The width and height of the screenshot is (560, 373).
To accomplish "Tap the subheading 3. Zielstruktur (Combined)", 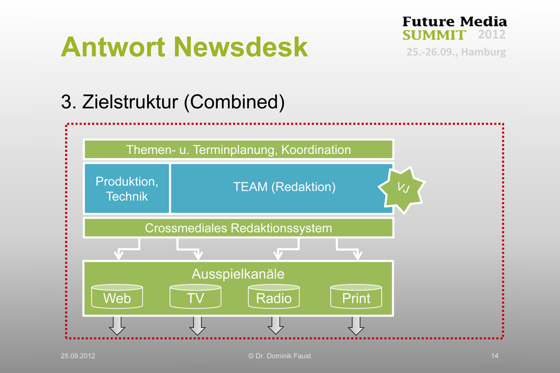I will pyautogui.click(x=173, y=101).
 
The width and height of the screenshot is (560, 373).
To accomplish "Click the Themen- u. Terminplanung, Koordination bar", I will pyautogui.click(x=238, y=150).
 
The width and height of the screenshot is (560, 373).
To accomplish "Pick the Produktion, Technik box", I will pyautogui.click(x=127, y=189).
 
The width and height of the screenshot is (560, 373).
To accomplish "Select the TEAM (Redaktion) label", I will pyautogui.click(x=284, y=187).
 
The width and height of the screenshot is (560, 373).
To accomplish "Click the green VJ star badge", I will pyautogui.click(x=402, y=188).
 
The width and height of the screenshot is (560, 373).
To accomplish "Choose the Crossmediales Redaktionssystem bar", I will pyautogui.click(x=238, y=228).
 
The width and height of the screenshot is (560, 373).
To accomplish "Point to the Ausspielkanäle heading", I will pyautogui.click(x=238, y=274).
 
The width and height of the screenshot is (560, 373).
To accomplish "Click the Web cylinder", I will pyautogui.click(x=117, y=297).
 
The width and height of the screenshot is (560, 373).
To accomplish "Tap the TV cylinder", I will pyautogui.click(x=195, y=297).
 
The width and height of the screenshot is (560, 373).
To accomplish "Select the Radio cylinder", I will pyautogui.click(x=274, y=297).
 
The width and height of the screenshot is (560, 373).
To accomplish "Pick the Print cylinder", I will pyautogui.click(x=356, y=297).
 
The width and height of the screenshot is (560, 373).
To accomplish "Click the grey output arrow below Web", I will pyautogui.click(x=117, y=325).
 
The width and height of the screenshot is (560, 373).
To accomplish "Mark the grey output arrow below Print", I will pyautogui.click(x=356, y=325).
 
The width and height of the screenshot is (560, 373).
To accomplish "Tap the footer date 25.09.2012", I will pyautogui.click(x=78, y=356).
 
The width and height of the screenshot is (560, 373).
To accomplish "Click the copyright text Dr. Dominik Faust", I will pyautogui.click(x=279, y=356).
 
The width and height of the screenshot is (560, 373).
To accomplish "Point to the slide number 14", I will pyautogui.click(x=494, y=356).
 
